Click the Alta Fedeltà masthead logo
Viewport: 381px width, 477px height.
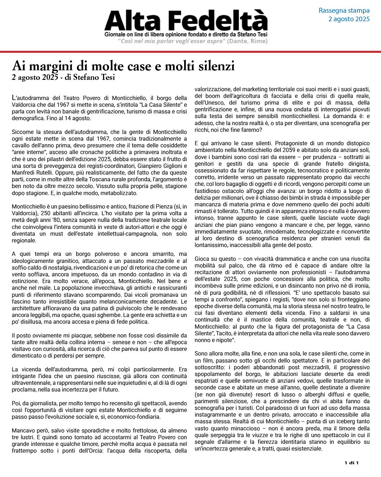click(x=186, y=20)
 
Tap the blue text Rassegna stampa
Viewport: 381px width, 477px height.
click(x=344, y=11)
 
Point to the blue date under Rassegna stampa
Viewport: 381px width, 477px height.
click(x=349, y=19)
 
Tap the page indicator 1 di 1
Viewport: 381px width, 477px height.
click(x=351, y=463)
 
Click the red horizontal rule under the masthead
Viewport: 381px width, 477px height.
click(x=190, y=52)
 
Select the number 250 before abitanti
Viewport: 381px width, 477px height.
click(x=47, y=213)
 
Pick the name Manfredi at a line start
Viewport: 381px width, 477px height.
click(x=23, y=173)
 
